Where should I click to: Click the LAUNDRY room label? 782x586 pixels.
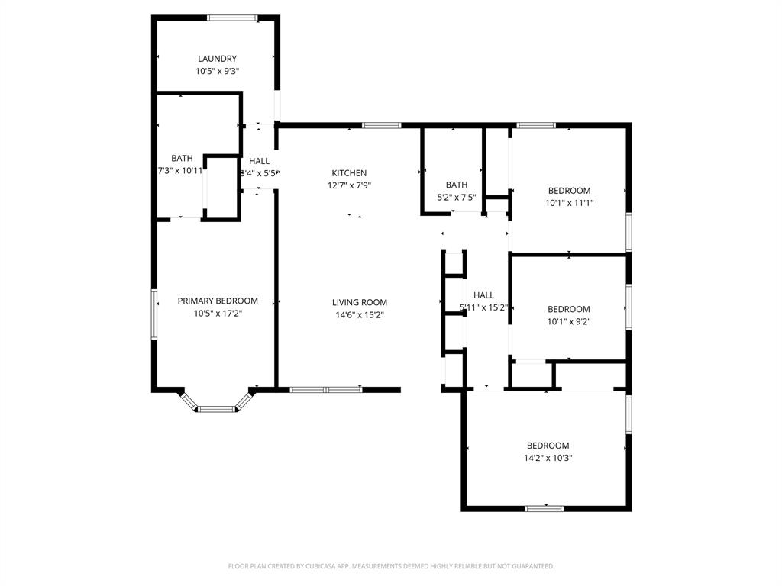click(217, 59)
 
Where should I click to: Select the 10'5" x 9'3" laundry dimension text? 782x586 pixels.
click(217, 71)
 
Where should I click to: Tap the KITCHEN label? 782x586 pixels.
click(349, 173)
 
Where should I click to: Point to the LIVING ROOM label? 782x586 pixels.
click(359, 302)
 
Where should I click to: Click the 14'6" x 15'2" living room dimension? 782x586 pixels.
click(359, 314)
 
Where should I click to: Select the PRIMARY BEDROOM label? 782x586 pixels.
click(218, 301)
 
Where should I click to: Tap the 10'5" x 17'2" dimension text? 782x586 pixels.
click(218, 313)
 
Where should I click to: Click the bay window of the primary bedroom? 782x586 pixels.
click(217, 408)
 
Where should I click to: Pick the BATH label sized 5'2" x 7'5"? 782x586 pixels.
click(457, 185)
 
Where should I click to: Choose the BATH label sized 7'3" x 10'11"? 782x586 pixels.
click(182, 159)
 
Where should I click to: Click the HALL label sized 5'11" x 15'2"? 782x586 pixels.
click(483, 295)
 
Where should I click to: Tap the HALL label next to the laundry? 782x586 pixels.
click(260, 161)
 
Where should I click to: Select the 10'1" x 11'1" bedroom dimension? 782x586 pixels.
click(569, 203)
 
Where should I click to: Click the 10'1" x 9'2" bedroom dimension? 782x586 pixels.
click(569, 321)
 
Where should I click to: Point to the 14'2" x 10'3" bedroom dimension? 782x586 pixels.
click(548, 458)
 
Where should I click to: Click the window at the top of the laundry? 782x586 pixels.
click(233, 18)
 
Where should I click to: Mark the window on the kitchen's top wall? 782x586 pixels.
click(381, 125)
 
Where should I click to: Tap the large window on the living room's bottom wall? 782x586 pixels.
click(326, 390)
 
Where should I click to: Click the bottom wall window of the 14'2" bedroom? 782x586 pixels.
click(544, 508)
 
